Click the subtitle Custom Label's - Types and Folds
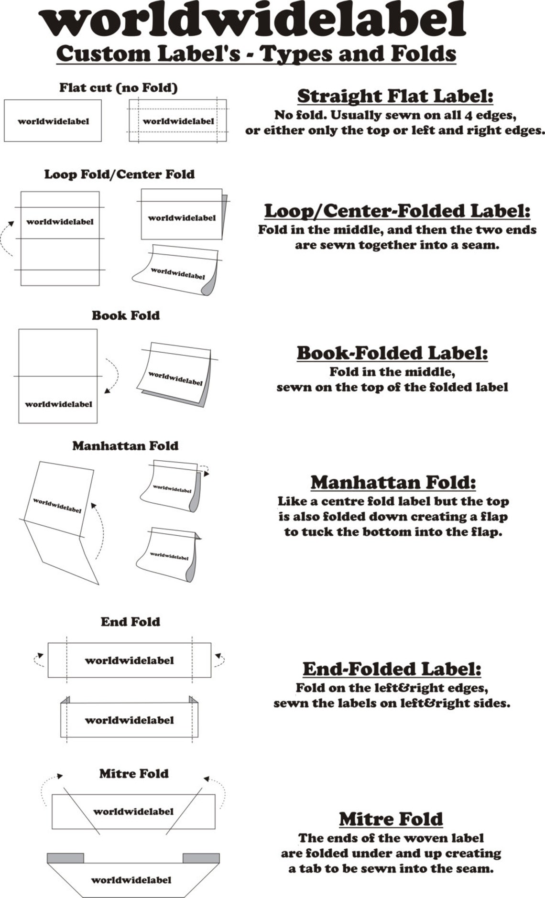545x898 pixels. pyautogui.click(x=256, y=54)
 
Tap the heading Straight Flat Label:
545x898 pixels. pyautogui.click(x=395, y=96)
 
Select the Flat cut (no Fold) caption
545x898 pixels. pyautogui.click(x=118, y=88)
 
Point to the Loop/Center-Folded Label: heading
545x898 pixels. pyautogui.click(x=397, y=211)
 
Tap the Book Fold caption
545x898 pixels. pyautogui.click(x=126, y=315)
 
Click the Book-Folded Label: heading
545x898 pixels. pyautogui.click(x=392, y=353)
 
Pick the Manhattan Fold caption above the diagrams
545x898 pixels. pyautogui.click(x=125, y=446)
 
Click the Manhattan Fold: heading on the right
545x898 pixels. pyautogui.click(x=393, y=482)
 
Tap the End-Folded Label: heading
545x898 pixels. pyautogui.click(x=392, y=669)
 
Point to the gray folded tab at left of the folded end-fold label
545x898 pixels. pyautogui.click(x=65, y=700)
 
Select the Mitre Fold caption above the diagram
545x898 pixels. pyautogui.click(x=134, y=774)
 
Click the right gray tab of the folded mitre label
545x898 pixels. pyautogui.click(x=201, y=858)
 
